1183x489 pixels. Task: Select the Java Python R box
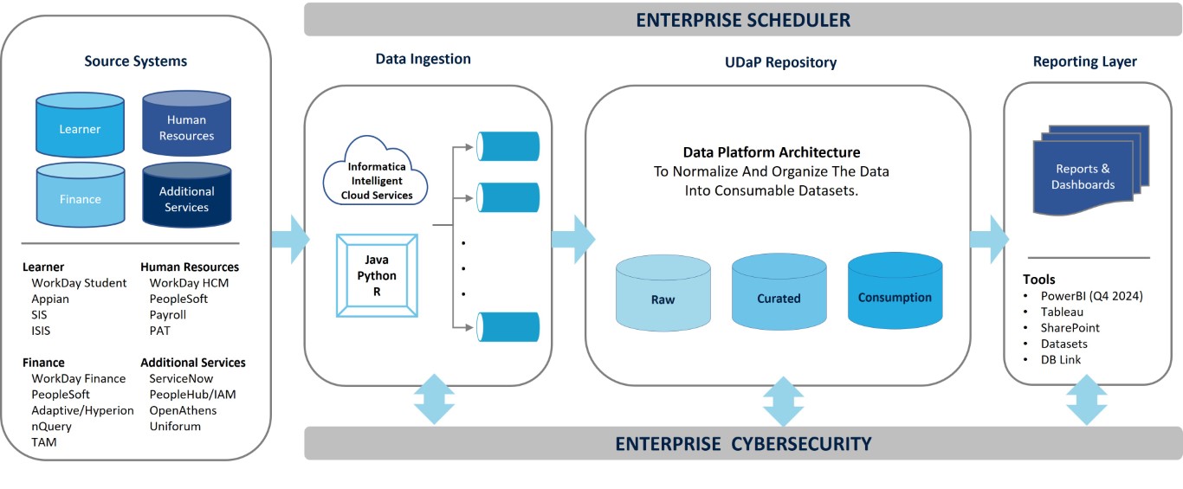click(376, 275)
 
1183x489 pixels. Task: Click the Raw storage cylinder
click(663, 293)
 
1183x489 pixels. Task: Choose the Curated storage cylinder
click(779, 292)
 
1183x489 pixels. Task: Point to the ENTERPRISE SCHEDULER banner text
click(743, 20)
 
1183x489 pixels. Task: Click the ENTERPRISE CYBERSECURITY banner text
click(743, 444)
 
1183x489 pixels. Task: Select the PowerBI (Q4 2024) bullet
click(1091, 296)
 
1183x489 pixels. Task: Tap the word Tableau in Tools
click(1062, 312)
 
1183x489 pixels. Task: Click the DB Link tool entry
click(1061, 359)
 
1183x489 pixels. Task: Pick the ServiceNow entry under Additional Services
click(181, 378)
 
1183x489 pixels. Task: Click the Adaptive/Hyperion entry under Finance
click(82, 410)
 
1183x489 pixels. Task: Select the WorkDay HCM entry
click(189, 283)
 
